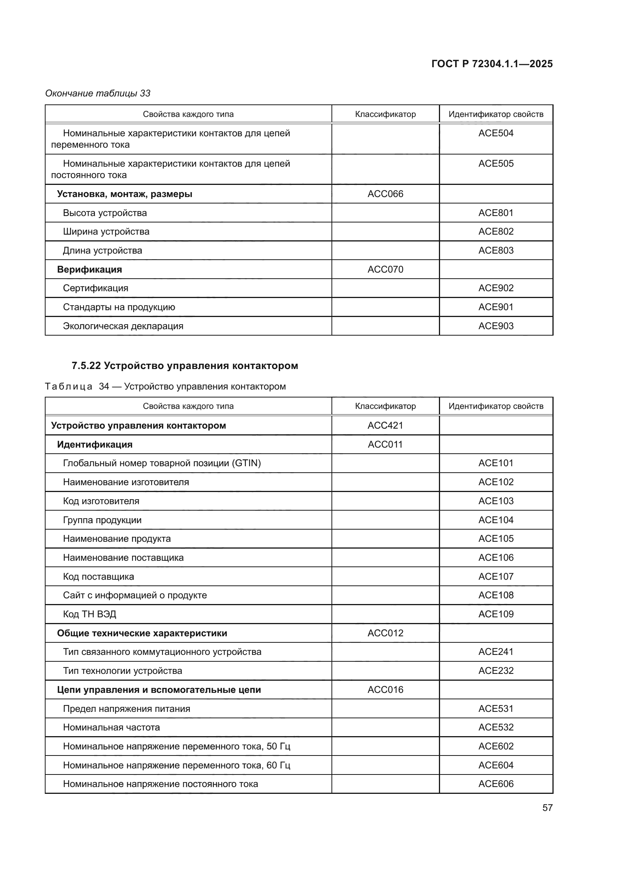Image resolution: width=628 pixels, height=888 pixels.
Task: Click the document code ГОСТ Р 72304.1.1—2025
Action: tap(492, 64)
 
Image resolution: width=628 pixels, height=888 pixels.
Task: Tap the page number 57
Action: tap(547, 808)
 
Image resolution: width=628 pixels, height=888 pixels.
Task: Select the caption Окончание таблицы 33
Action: tap(98, 93)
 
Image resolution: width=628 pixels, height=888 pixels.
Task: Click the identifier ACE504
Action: tap(496, 133)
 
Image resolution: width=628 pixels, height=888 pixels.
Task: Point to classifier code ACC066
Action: tap(385, 194)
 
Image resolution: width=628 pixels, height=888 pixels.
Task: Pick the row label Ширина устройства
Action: tap(106, 231)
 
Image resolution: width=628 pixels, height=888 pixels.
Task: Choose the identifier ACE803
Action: tap(496, 250)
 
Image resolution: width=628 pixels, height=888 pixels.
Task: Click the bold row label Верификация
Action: tap(89, 269)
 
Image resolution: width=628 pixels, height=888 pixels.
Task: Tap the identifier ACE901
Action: tap(496, 307)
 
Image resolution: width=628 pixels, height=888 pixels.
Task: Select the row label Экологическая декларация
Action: tap(123, 326)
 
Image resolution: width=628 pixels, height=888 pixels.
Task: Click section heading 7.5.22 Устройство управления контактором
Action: tap(185, 366)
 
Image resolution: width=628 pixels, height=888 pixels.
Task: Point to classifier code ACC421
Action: tap(385, 426)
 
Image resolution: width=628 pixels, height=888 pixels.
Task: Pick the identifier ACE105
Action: tap(496, 538)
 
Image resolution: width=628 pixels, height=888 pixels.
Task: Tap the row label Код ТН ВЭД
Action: tap(89, 614)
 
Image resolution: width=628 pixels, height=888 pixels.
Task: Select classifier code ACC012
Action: tap(385, 633)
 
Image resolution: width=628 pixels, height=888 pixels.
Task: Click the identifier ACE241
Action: tap(496, 652)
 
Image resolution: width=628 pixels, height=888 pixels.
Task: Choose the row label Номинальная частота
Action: tap(111, 727)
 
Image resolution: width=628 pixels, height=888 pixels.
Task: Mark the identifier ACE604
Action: tap(496, 765)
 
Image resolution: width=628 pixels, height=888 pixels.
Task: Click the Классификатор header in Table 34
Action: tap(385, 406)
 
